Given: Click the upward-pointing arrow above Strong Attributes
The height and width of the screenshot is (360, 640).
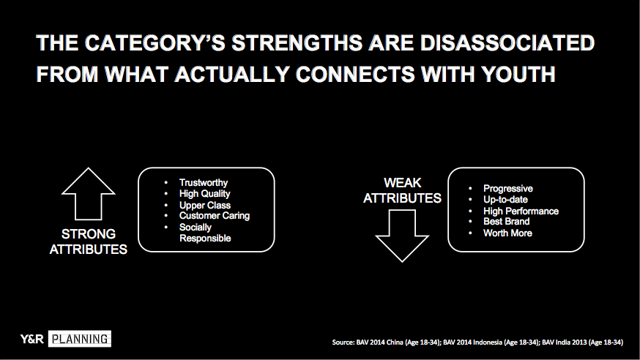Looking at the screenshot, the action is click(88, 194).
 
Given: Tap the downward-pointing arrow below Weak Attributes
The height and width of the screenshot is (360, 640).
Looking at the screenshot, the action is click(402, 236).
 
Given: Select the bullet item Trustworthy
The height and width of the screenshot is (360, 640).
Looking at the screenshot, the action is click(204, 183).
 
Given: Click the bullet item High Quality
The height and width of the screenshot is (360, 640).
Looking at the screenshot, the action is click(204, 194).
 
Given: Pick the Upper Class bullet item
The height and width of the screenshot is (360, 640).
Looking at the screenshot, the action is click(205, 205).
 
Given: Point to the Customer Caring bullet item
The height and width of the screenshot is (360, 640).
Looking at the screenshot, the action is click(215, 216).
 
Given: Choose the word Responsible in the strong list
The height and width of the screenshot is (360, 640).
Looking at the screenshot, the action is click(205, 238).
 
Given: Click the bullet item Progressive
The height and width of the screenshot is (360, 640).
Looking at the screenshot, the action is click(508, 188).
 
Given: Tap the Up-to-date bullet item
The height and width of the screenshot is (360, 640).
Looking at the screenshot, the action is click(505, 199).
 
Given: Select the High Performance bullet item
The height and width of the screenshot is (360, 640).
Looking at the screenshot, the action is click(521, 211).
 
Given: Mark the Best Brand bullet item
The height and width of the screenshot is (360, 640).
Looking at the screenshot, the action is click(506, 222).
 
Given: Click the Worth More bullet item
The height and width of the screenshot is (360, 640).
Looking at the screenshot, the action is click(507, 233).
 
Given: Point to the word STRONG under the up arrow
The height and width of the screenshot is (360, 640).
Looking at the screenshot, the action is click(88, 234).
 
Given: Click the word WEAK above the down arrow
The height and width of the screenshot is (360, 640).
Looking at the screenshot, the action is click(402, 183).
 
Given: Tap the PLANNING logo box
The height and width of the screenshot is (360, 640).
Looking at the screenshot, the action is click(80, 339).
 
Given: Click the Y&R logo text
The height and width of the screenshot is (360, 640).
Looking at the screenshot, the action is click(31, 339).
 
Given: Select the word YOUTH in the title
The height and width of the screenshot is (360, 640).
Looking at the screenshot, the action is click(518, 74).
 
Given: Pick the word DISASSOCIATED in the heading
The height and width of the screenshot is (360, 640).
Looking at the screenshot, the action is click(507, 43).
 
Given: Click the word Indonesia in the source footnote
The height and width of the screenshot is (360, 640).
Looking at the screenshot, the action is click(485, 342).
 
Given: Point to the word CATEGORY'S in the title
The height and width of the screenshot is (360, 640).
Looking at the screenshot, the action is click(155, 43).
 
